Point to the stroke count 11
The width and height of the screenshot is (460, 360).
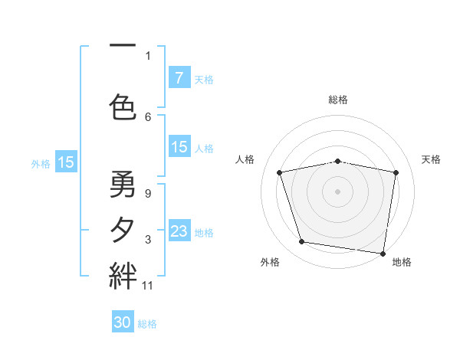pos(148,286)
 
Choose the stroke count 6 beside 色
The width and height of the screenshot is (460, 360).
pos(148,116)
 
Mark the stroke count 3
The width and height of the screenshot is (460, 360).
pos(148,241)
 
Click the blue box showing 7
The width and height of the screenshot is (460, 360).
pos(179,78)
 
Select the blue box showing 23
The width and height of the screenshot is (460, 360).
pos(179,231)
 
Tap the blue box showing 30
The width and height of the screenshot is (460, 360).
pos(123,323)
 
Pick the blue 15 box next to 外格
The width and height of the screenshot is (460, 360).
pos(66,162)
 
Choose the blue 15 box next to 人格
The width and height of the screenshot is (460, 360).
pos(179,147)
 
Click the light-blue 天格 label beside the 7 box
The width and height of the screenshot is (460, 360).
pos(204,79)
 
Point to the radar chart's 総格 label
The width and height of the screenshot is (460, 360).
pos(338,100)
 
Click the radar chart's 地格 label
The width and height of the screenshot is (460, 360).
pos(402,262)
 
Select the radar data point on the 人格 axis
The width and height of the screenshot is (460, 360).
pos(280,172)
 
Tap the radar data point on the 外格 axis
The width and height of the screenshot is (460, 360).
pos(302,242)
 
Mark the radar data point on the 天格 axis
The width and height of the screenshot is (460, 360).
pos(396,172)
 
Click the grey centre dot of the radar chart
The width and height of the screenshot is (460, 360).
pos(338,191)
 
